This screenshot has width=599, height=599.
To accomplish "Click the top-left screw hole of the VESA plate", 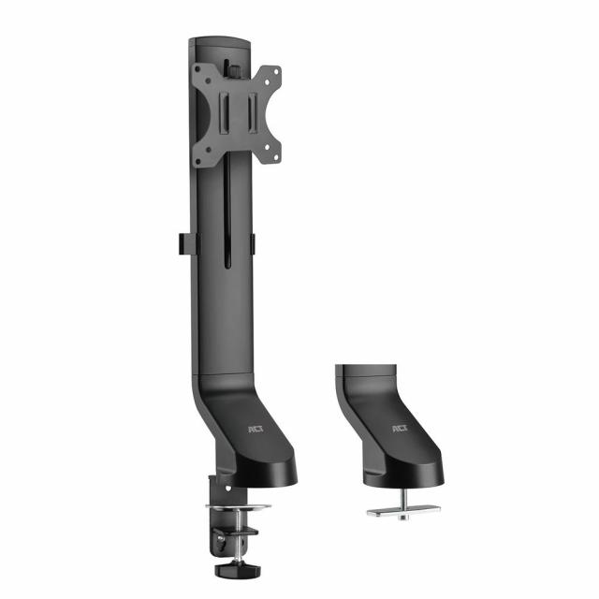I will (x=200, y=75).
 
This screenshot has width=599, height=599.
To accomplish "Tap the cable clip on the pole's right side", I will (x=253, y=242).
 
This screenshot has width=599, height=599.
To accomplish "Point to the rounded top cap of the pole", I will (x=221, y=43).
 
